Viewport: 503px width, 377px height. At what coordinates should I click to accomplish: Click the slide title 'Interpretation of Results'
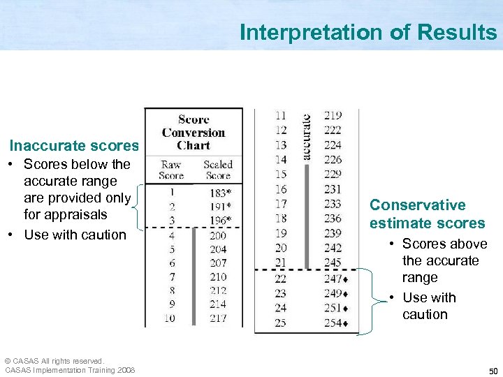point(367,32)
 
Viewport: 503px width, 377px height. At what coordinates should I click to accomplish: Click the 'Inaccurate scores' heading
point(74,146)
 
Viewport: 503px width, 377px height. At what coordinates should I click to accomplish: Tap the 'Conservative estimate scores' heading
point(427,214)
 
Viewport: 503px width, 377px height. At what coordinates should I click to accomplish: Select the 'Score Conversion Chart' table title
point(194,133)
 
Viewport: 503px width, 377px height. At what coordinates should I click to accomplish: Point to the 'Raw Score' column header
point(171,170)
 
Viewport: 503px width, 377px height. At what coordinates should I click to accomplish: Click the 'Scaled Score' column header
point(218,170)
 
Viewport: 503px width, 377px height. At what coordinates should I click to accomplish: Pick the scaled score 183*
point(220,193)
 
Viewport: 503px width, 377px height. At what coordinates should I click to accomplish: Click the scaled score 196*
point(220,221)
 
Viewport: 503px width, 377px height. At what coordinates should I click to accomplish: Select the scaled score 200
point(218,235)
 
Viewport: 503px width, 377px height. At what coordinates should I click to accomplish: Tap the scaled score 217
point(218,318)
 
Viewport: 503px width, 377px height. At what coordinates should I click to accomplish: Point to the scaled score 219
point(333,115)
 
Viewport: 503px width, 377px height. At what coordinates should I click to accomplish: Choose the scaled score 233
point(333,204)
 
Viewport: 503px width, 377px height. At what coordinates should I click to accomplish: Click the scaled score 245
point(333,263)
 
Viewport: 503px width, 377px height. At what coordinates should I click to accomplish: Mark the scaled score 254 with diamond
point(336,323)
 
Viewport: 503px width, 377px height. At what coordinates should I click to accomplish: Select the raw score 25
point(280,323)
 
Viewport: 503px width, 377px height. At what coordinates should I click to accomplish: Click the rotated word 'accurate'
point(307,137)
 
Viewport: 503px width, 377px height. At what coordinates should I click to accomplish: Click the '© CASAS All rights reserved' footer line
point(54,361)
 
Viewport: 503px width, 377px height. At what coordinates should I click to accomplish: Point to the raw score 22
point(280,279)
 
